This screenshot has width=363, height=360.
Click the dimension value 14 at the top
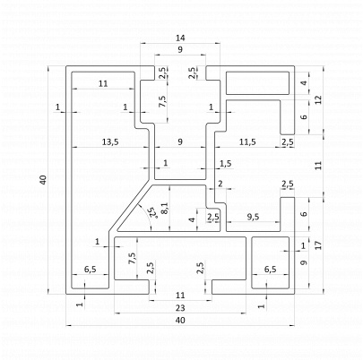click(x=180, y=38)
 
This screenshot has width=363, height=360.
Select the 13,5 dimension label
click(x=110, y=142)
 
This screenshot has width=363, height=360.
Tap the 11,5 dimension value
click(x=247, y=142)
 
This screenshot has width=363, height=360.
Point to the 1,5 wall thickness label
click(x=226, y=163)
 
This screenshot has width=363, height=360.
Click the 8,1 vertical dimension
click(x=165, y=208)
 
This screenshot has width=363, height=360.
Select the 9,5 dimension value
click(x=253, y=217)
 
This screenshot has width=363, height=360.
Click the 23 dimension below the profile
click(x=180, y=308)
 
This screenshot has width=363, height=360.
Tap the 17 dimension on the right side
click(x=319, y=245)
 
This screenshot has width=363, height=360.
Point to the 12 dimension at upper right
click(x=319, y=99)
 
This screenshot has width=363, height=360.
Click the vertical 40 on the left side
click(x=43, y=180)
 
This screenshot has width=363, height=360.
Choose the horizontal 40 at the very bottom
click(x=180, y=321)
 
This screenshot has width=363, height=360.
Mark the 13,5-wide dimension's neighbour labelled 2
click(x=220, y=184)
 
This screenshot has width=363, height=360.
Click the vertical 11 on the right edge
click(x=319, y=166)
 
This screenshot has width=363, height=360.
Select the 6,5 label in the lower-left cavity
click(x=90, y=270)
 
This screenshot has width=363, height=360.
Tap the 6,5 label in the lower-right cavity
click(x=270, y=270)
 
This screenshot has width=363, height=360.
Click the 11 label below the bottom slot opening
click(x=180, y=296)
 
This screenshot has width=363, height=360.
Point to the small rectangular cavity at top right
click(x=257, y=83)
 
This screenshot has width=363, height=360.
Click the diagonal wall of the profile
click(x=130, y=205)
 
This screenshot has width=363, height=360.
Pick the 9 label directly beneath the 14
click(x=180, y=49)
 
